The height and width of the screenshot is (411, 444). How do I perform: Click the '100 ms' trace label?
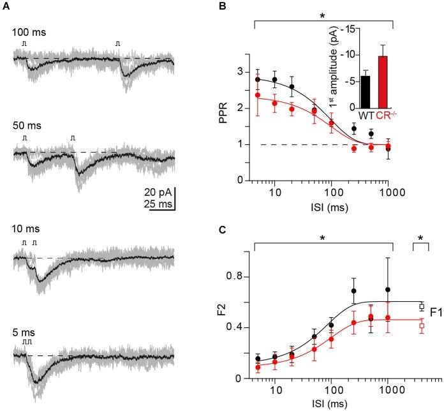[27, 30]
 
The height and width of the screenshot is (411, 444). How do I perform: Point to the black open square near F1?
[422, 307]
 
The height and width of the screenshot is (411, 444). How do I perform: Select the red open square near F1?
[422, 326]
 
